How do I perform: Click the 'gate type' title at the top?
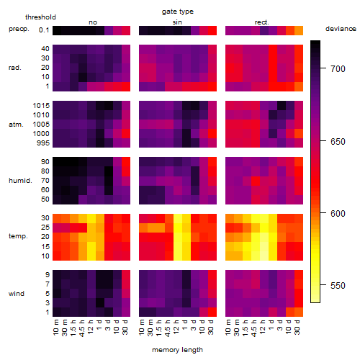click(178, 12)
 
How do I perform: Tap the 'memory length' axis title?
click(177, 350)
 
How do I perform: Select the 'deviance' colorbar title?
click(341, 29)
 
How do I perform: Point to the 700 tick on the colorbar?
click(323, 68)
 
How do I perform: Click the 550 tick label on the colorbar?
click(338, 286)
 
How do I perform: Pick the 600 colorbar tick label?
click(338, 213)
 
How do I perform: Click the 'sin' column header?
click(177, 22)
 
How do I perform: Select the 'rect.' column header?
click(262, 22)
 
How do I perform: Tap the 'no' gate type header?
click(93, 22)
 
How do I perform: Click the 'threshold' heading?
click(40, 17)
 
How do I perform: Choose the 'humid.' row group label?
click(20, 180)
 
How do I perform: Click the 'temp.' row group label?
click(18, 236)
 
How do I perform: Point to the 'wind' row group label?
click(17, 294)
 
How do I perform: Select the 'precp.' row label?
click(19, 29)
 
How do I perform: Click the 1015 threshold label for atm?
click(41, 106)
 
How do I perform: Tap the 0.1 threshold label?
click(44, 30)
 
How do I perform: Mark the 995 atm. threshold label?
click(43, 143)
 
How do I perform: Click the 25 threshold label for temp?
click(45, 227)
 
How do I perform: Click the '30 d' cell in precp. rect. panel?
click(299, 30)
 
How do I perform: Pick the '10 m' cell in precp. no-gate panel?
click(57, 30)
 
